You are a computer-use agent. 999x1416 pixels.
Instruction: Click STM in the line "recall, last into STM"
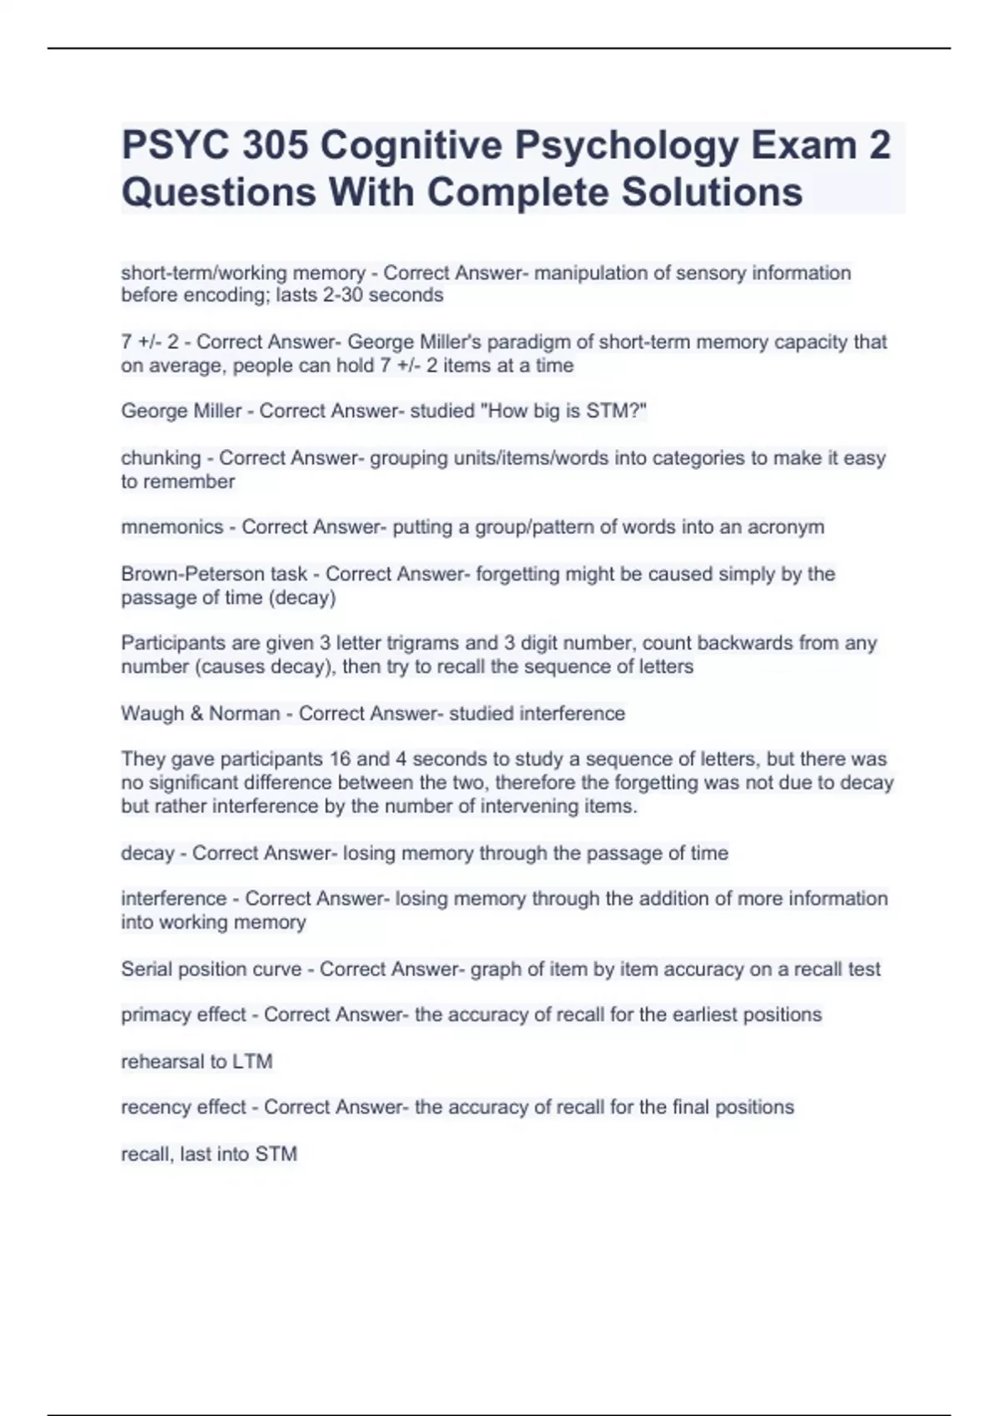276,1154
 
